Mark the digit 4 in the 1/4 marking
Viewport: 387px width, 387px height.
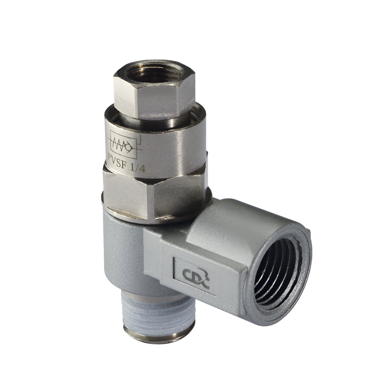click(x=143, y=168)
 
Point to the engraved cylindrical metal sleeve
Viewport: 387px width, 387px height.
click(x=158, y=150)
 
